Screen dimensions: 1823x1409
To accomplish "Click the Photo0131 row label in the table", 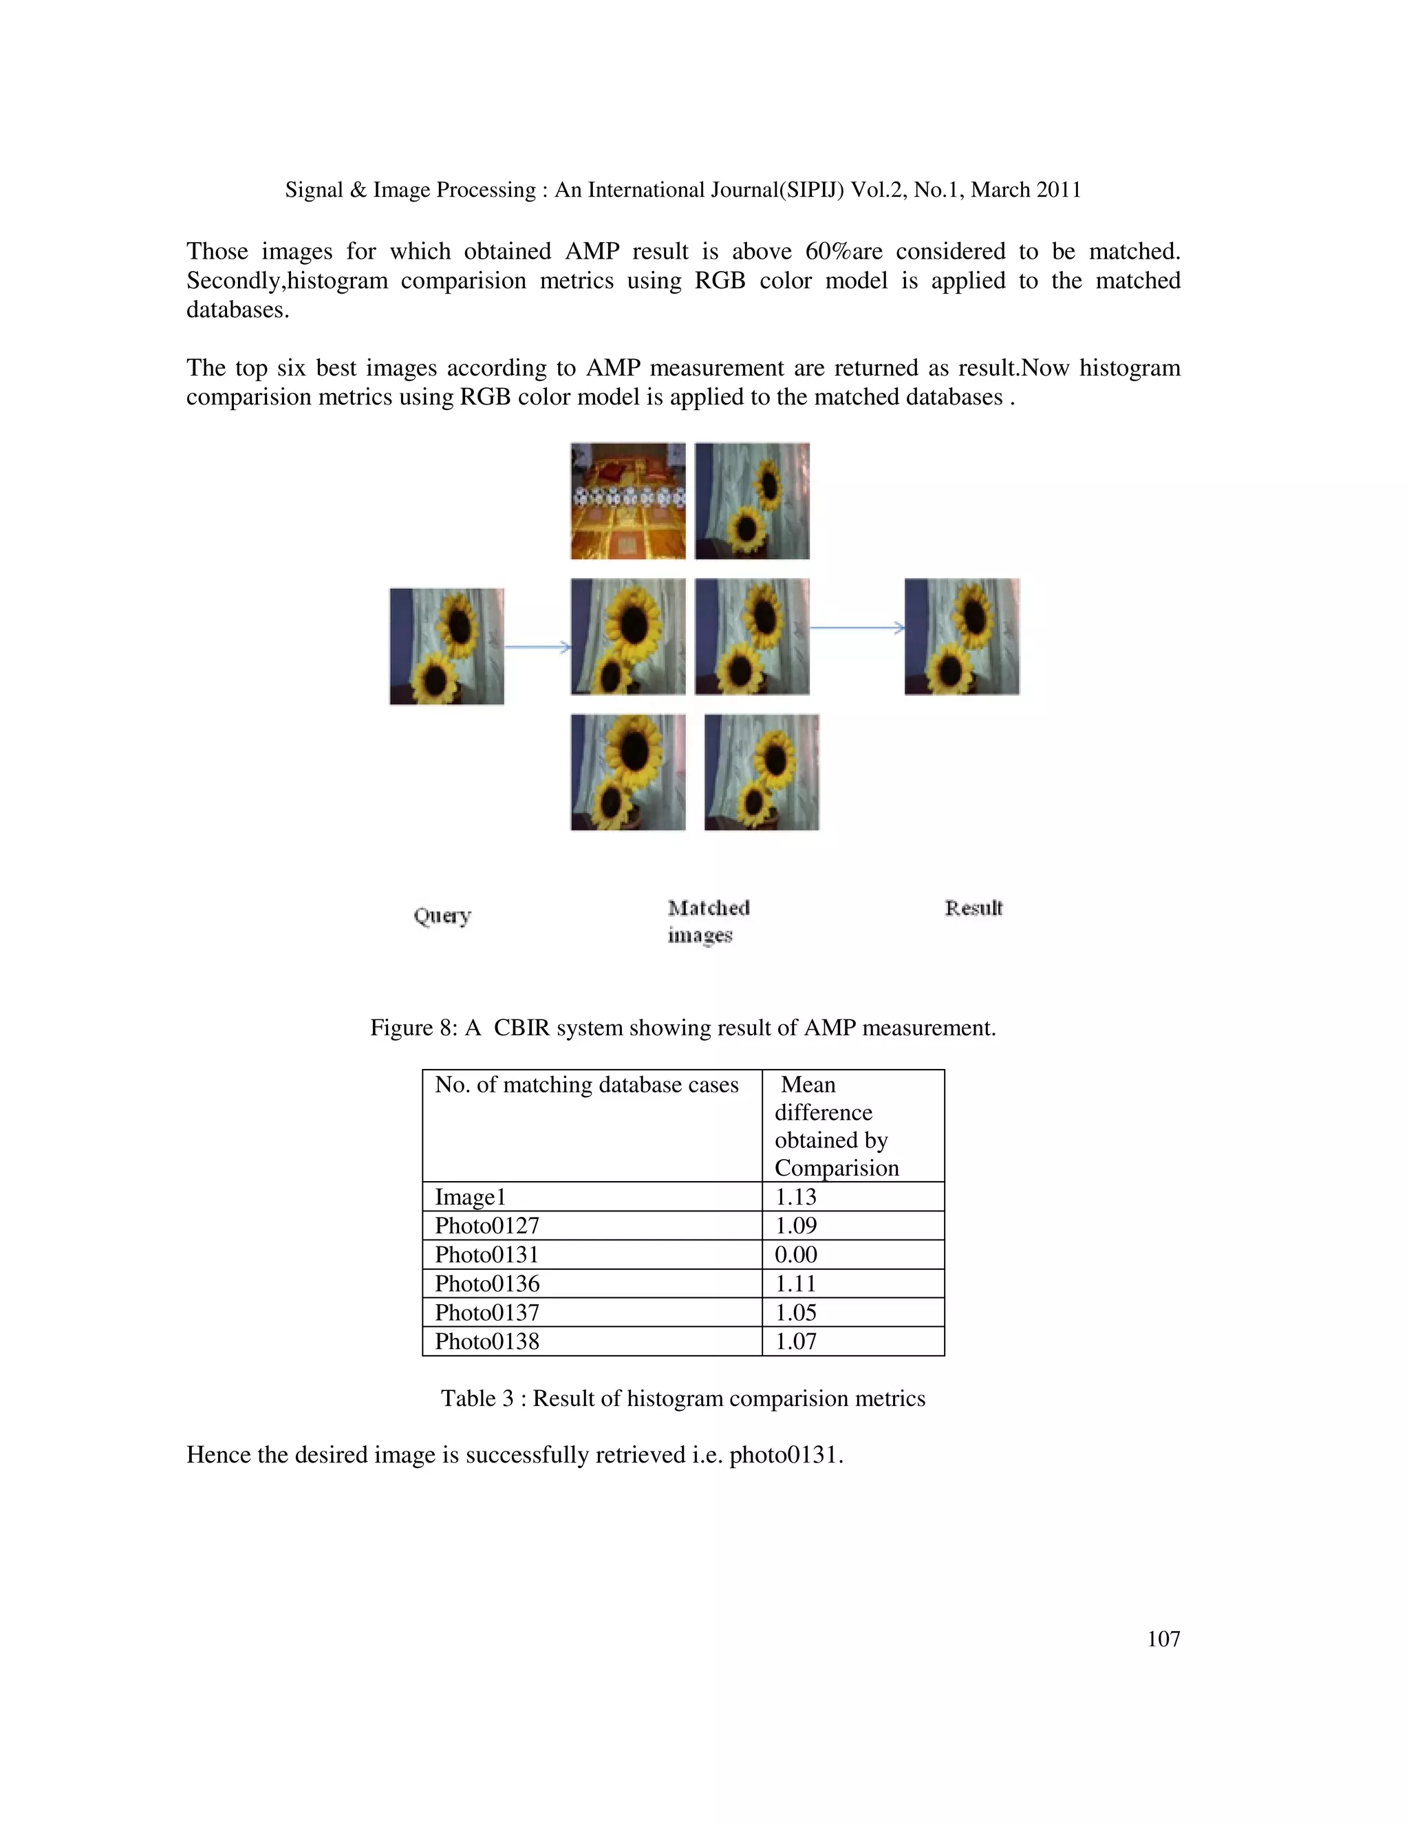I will [x=486, y=1255].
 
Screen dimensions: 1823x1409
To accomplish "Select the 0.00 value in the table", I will [x=795, y=1255].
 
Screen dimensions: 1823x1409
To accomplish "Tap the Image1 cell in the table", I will [x=470, y=1197].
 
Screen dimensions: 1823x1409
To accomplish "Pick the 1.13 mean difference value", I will [x=795, y=1197].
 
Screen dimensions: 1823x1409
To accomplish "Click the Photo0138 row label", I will [x=486, y=1341].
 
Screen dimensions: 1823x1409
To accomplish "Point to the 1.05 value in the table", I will [x=795, y=1312].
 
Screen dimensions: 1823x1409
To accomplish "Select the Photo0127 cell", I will [x=486, y=1225].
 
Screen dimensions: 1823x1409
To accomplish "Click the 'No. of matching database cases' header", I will [x=586, y=1084].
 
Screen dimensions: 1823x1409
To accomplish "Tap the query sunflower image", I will [x=447, y=646].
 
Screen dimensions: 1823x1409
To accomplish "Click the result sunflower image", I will [x=962, y=636].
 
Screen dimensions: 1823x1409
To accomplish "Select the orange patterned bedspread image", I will [x=627, y=501].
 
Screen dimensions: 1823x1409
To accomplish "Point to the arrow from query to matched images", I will [x=537, y=647].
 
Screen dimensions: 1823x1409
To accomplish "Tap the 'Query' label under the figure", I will [x=442, y=916].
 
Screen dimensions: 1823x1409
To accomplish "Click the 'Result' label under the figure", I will [x=974, y=908].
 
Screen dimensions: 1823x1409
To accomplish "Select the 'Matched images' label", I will [x=708, y=920].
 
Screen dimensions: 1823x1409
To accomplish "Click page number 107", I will [x=1163, y=1639].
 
